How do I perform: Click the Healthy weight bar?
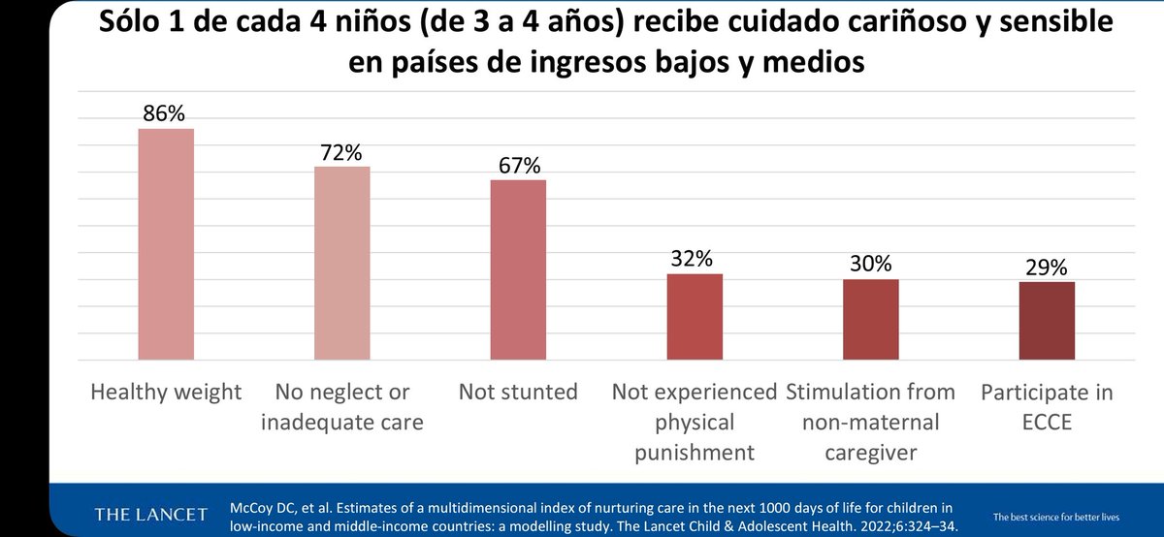166,244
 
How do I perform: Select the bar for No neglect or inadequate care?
341,263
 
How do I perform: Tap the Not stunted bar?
518,269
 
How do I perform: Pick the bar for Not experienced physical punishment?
695,317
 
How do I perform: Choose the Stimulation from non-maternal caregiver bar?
870,320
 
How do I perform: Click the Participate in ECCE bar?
1046,321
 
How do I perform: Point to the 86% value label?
166,113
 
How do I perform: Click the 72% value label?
341,152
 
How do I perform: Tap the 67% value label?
518,166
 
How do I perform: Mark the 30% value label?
870,265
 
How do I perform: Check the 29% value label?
1046,268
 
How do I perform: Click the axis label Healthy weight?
166,393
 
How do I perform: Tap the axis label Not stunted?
518,393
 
